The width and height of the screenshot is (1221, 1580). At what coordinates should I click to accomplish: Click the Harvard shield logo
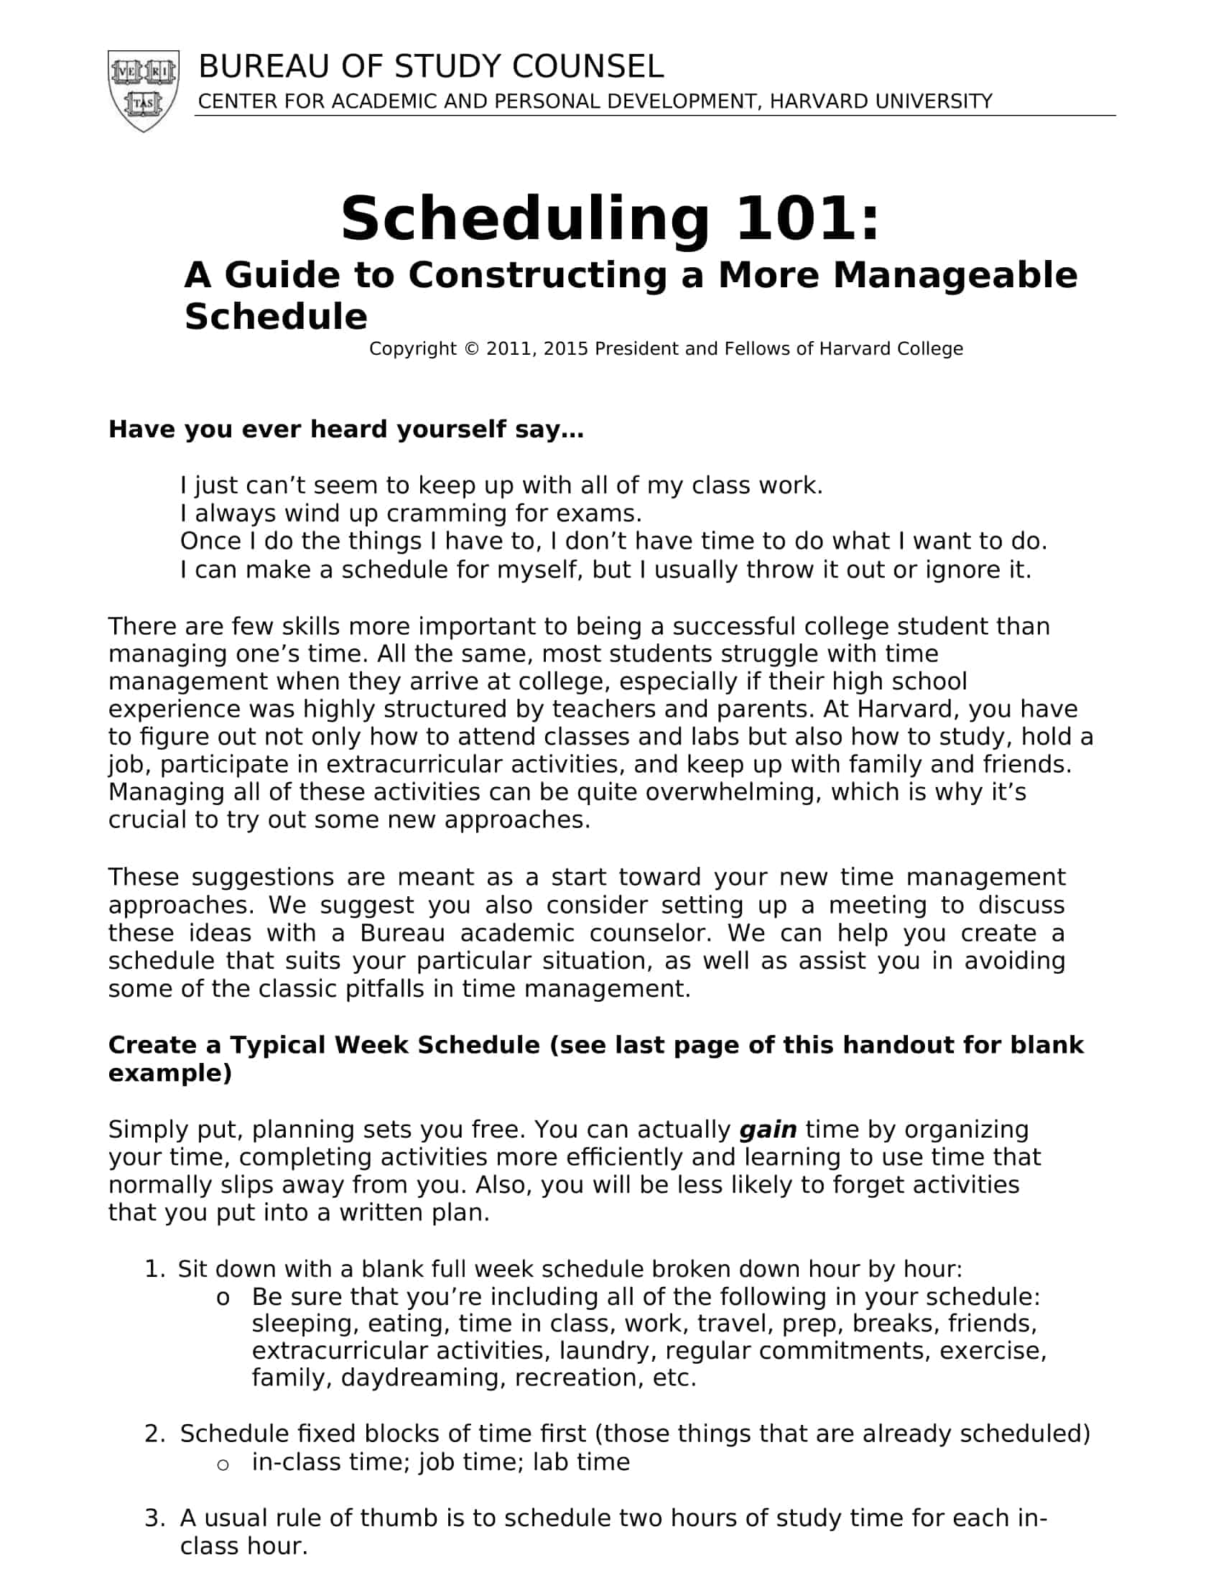coord(143,90)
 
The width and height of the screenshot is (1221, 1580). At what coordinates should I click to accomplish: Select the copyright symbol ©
coord(472,349)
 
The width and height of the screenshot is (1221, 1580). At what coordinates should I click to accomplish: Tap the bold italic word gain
coord(768,1129)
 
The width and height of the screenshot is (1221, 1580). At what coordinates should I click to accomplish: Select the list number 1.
coord(154,1269)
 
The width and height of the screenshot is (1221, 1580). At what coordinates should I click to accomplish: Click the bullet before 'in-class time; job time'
coord(223,1463)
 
